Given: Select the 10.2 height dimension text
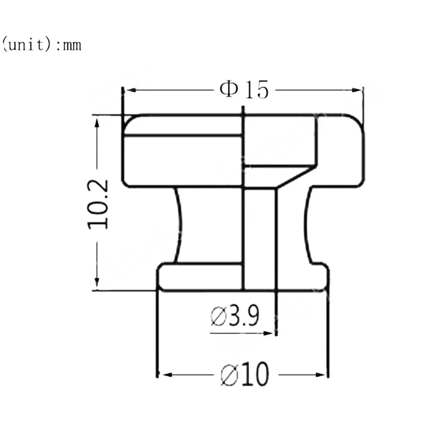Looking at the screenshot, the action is tap(98, 205).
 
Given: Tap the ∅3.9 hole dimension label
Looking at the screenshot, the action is tap(235, 315).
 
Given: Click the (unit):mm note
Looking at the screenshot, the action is tap(41, 44).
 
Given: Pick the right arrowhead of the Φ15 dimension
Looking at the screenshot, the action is tap(357, 90).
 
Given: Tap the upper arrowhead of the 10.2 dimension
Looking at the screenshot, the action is tap(97, 123).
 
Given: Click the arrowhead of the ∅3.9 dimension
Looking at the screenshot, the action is tap(268, 333).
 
